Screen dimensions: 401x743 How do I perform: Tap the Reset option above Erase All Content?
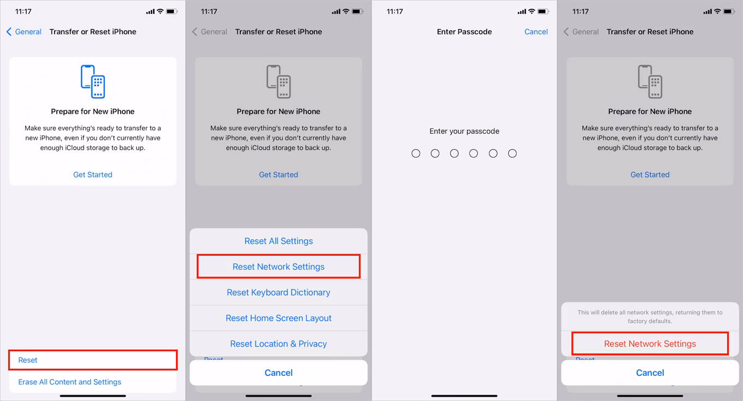[28, 360]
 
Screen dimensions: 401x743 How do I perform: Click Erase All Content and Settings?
[70, 382]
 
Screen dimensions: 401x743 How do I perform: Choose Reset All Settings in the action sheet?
[279, 241]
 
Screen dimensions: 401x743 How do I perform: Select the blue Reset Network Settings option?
[279, 267]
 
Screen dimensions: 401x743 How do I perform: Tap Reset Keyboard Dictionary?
[279, 292]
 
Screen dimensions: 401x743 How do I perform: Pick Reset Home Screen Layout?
[279, 318]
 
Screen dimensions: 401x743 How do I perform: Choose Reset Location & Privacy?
[279, 344]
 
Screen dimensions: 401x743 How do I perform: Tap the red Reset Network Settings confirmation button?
[650, 344]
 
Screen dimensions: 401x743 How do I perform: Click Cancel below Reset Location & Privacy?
[279, 373]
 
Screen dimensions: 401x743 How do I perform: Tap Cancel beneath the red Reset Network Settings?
[650, 373]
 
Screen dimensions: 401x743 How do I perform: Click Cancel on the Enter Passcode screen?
[535, 32]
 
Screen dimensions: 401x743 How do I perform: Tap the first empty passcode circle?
[416, 154]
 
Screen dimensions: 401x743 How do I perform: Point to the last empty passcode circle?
[512, 154]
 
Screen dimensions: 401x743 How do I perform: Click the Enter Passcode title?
[464, 32]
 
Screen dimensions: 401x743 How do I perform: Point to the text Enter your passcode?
[464, 131]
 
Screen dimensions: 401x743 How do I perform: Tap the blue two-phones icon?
[93, 81]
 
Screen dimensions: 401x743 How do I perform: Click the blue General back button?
[24, 32]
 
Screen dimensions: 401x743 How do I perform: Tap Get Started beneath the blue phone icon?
[93, 175]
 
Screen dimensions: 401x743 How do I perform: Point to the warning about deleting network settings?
[650, 317]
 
